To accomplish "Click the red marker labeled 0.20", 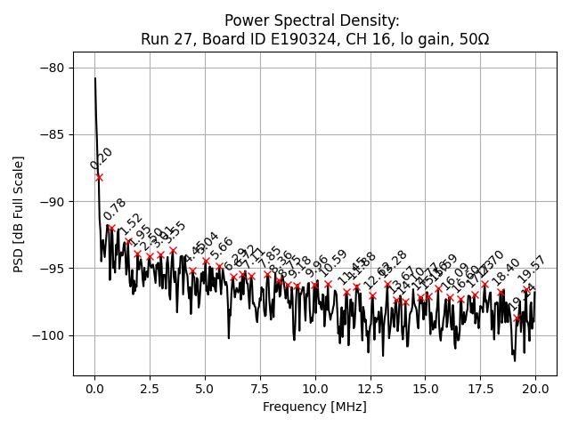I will (99, 177).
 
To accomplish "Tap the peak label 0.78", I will (114, 209).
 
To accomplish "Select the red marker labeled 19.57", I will (526, 289).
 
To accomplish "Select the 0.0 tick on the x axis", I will (94, 389).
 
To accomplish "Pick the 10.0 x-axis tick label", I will (315, 389).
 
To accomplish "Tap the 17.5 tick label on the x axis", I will (480, 389).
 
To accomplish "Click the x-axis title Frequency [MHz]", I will (314, 407).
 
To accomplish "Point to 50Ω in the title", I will (471, 39).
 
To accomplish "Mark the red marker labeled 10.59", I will (328, 285).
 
